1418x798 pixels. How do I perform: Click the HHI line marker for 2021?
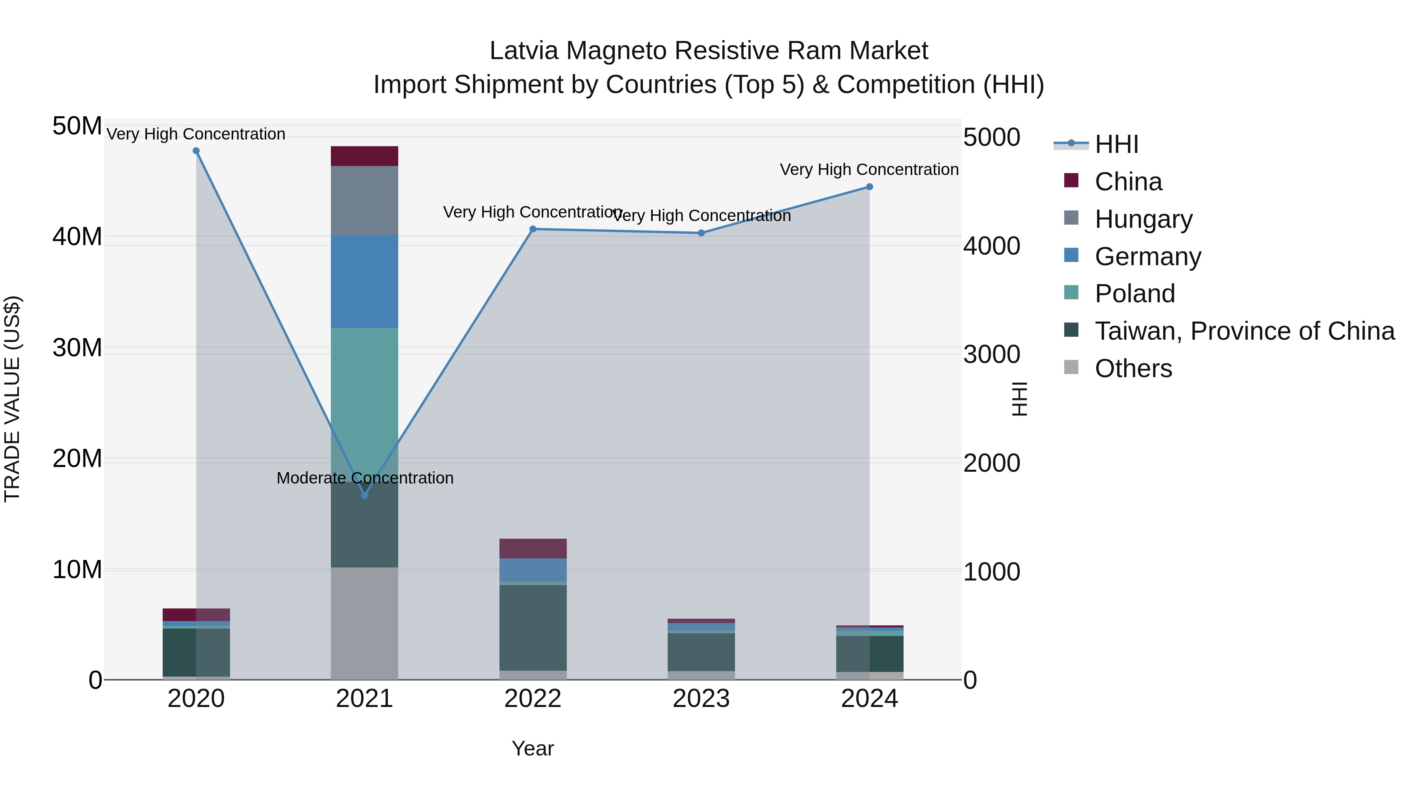tap(364, 495)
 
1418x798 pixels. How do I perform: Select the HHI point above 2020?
tap(196, 151)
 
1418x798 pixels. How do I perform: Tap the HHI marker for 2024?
tap(869, 187)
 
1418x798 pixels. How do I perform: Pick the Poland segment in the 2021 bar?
tap(364, 385)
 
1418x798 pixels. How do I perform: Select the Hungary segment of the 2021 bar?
tap(364, 201)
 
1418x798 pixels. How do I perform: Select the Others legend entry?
tap(1133, 368)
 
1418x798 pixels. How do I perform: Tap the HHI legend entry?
tap(1116, 144)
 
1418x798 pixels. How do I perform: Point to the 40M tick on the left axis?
tap(77, 237)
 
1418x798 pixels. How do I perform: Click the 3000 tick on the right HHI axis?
tap(991, 354)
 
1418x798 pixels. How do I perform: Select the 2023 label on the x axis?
tap(701, 699)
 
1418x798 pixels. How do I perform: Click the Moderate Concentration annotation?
tap(365, 478)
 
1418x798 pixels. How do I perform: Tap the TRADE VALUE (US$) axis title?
tap(12, 399)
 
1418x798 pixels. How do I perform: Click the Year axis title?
tap(532, 748)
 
